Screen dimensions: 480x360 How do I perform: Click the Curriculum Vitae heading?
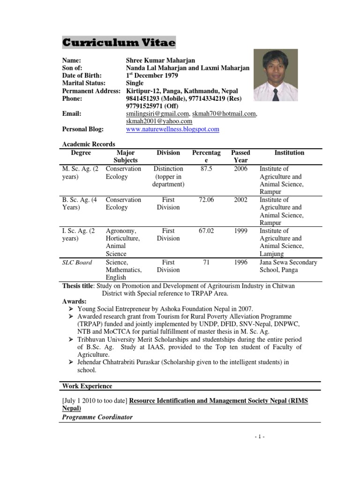coord(119,43)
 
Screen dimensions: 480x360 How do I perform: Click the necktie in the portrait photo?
coord(276,94)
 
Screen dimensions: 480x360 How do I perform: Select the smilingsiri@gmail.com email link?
coord(157,113)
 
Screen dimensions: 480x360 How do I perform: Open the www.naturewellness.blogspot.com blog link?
coord(172,129)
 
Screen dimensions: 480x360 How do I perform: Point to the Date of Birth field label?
coord(82,75)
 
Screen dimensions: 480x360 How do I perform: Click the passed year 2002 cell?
coord(240,200)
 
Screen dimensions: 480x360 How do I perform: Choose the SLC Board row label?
coord(77,262)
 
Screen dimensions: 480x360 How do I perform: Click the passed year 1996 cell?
coord(240,262)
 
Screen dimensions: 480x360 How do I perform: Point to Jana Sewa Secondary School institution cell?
coord(288,266)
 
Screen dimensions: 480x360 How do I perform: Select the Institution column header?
coord(289,153)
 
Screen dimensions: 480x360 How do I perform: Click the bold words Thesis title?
coord(77,286)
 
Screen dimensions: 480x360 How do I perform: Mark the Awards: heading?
coord(74,301)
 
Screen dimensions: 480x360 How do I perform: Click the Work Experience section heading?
coord(87,386)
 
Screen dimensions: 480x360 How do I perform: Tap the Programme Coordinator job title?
coord(97,417)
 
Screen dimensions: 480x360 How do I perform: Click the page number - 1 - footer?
coord(259,437)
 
